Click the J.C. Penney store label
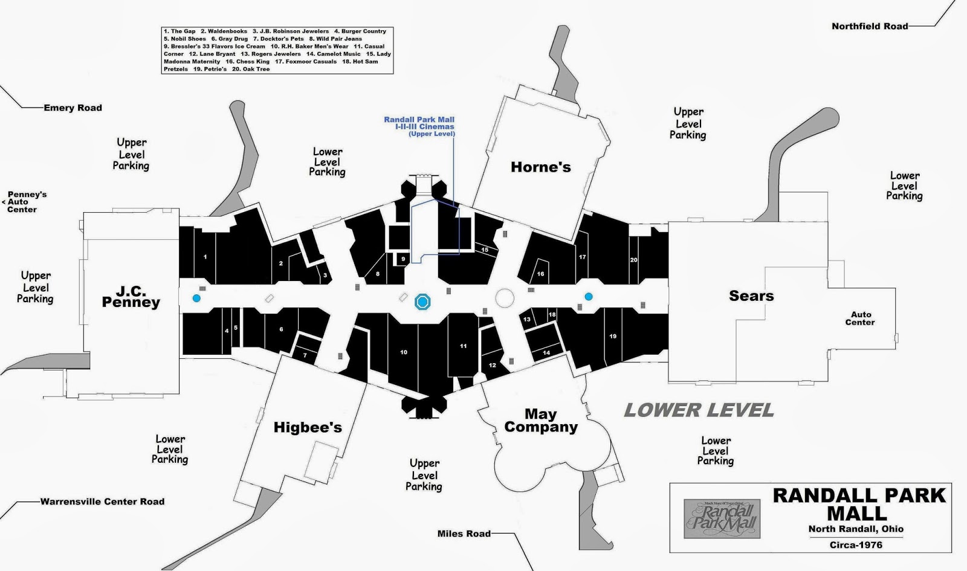[131, 297]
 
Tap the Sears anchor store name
[751, 295]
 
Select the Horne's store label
[540, 167]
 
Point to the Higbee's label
[308, 427]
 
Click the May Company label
[540, 421]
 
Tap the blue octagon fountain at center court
[422, 302]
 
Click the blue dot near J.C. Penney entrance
[196, 298]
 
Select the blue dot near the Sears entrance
[588, 296]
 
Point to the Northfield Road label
[869, 26]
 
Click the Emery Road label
[73, 108]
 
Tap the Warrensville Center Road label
[102, 502]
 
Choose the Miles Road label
[464, 534]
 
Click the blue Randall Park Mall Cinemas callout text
[419, 126]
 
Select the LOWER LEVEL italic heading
[699, 410]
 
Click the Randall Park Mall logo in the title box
[721, 518]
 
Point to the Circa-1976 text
[855, 544]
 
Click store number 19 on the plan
[613, 337]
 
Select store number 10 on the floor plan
[403, 352]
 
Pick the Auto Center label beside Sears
[860, 318]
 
